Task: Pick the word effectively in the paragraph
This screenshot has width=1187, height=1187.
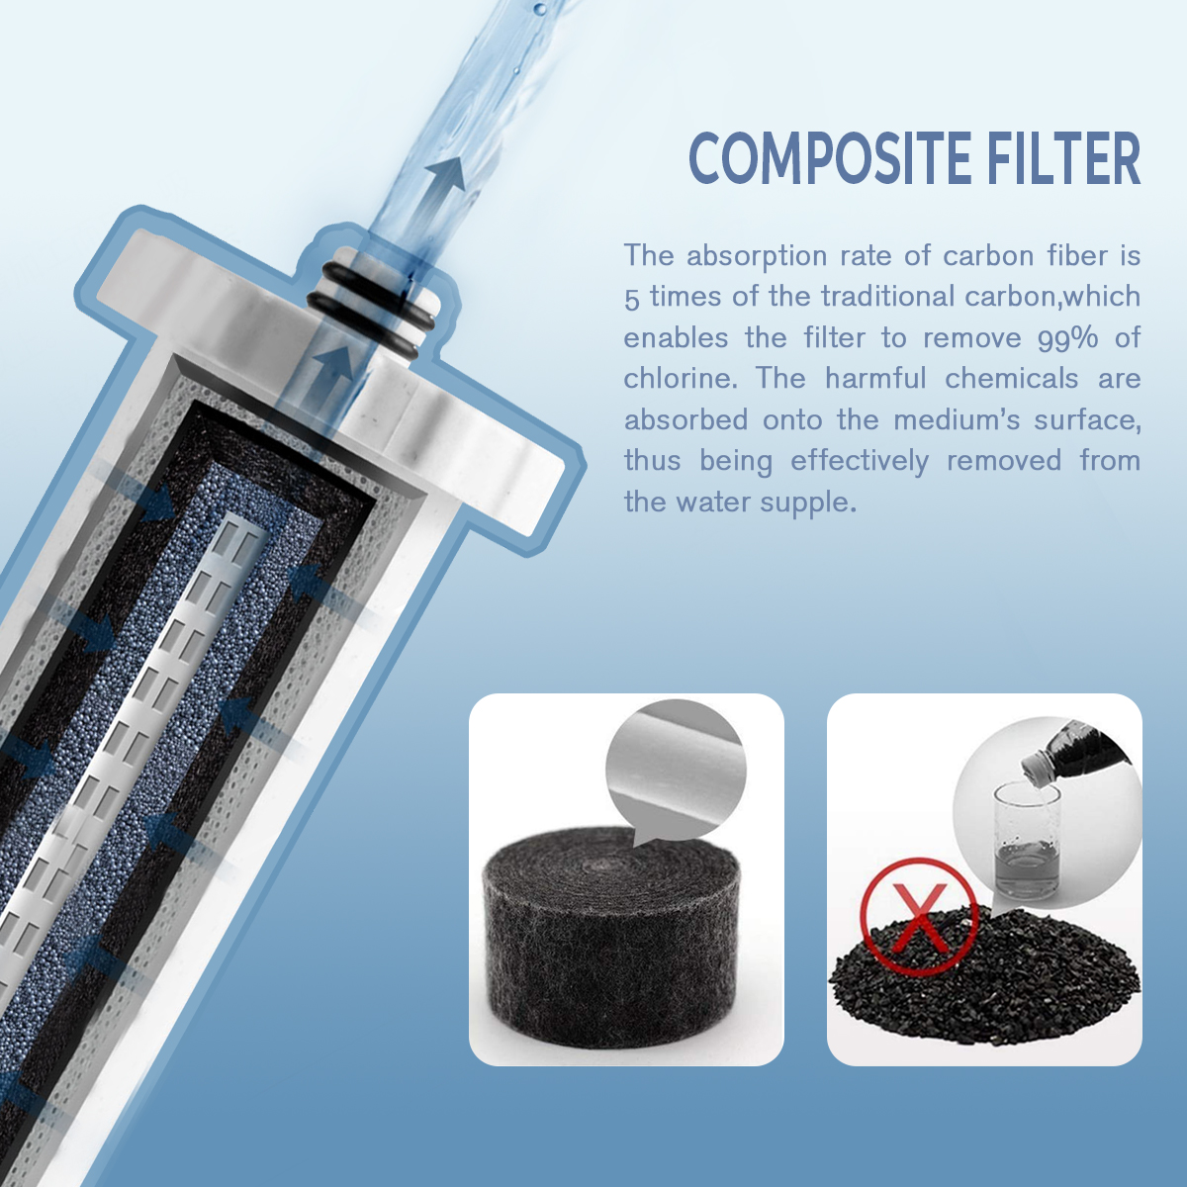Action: [x=860, y=461]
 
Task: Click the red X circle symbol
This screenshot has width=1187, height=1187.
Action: [x=919, y=917]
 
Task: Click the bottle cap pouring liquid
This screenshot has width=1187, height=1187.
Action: [x=1036, y=764]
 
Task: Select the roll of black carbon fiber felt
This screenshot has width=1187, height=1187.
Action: [x=611, y=935]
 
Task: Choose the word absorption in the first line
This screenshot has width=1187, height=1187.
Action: [x=757, y=256]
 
